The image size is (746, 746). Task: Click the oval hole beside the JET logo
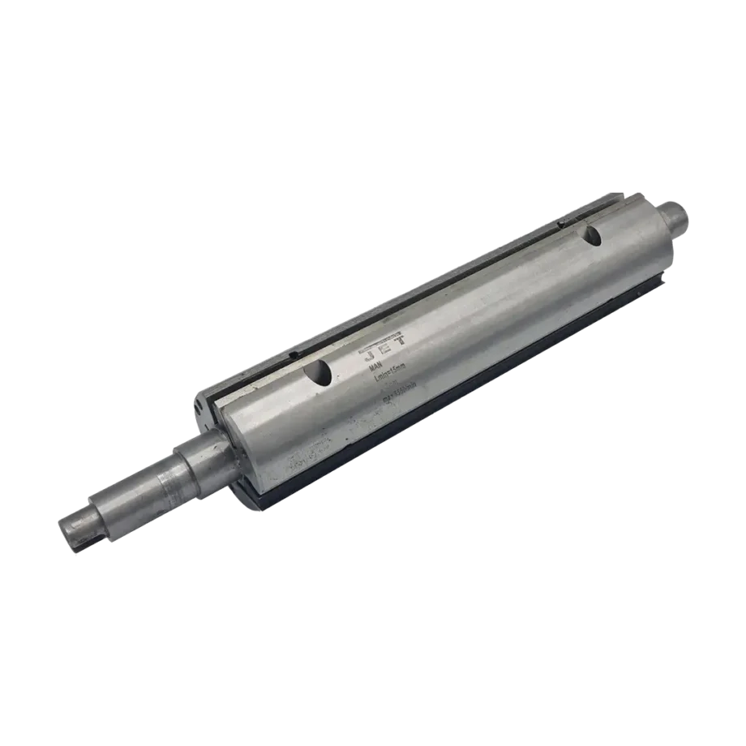point(318,373)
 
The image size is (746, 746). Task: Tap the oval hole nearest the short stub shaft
point(593,236)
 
